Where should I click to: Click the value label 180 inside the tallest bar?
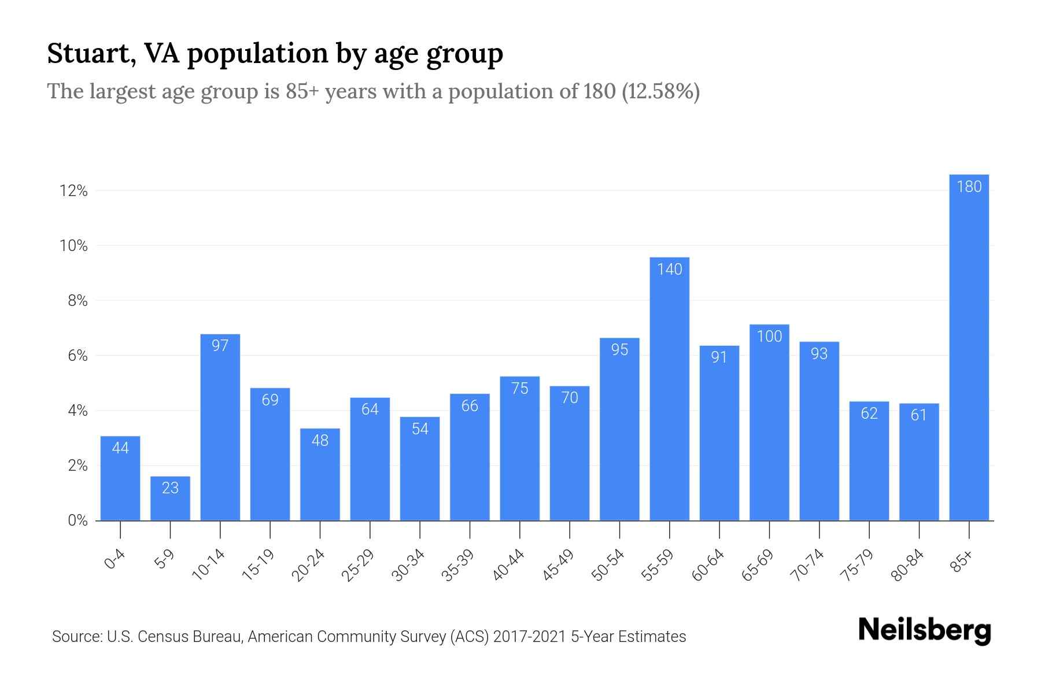pos(969,187)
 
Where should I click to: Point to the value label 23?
pos(170,488)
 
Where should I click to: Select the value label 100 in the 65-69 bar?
pos(769,337)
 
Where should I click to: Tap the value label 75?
pos(520,389)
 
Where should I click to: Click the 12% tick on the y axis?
pos(73,191)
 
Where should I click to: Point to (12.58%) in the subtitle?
pos(660,91)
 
